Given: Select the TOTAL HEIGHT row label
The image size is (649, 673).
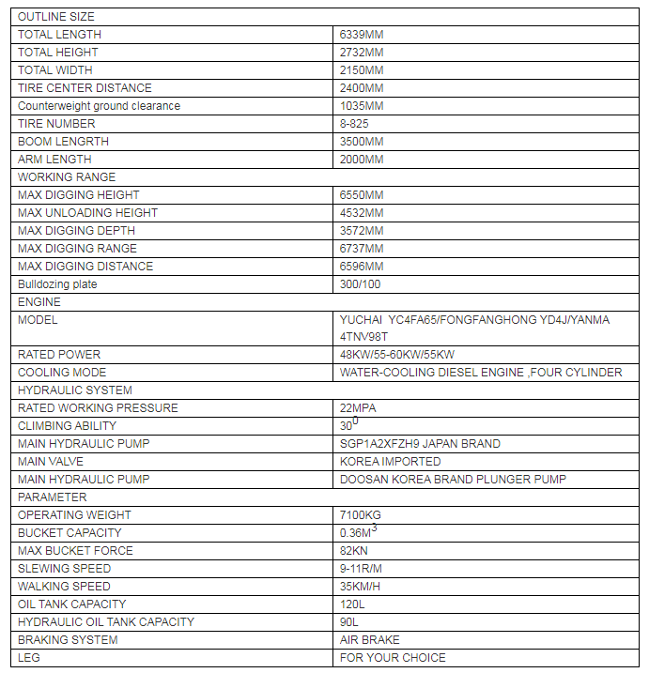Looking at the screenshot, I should click(58, 53).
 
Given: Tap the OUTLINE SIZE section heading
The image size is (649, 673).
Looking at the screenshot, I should click(56, 17).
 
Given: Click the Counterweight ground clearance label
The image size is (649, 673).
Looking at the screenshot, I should click(99, 106).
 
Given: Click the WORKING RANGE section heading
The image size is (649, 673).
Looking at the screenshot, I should click(67, 177).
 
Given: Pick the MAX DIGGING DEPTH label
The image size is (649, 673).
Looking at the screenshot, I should click(77, 231).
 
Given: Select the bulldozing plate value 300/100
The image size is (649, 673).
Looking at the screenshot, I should click(361, 284).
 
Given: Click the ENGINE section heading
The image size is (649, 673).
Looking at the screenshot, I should click(39, 302).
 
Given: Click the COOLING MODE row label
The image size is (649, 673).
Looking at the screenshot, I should click(62, 373).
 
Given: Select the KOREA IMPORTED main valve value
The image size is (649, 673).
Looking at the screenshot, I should click(391, 462).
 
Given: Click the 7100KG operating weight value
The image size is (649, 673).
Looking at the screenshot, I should click(361, 515).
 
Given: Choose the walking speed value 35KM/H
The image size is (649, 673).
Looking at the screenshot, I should click(361, 587).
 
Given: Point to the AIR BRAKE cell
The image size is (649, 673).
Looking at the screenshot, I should click(370, 640).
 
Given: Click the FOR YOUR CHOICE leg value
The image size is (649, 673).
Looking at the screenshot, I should click(393, 658).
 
